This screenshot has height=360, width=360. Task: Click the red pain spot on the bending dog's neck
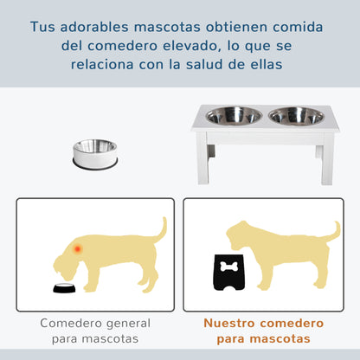tap(79, 248)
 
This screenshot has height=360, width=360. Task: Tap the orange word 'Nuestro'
tap(232, 323)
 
